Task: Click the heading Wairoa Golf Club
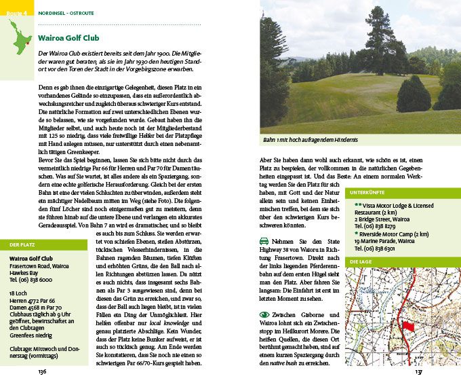[71, 38]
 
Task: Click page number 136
[42, 371]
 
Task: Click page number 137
[418, 371]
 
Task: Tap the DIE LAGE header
[360, 261]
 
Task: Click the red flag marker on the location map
[409, 326]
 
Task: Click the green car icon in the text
[264, 241]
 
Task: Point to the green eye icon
[264, 314]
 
